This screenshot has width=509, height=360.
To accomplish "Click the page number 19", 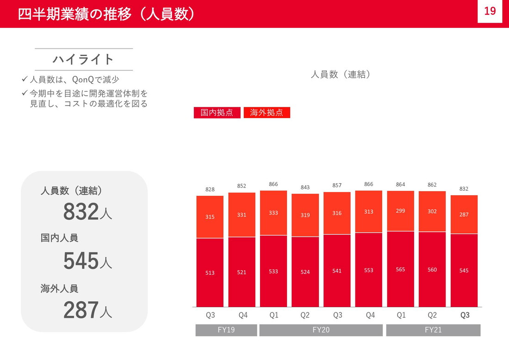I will [x=490, y=11].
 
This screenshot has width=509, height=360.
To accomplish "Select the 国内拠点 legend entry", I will [x=217, y=112].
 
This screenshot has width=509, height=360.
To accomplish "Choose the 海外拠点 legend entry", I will [x=267, y=112].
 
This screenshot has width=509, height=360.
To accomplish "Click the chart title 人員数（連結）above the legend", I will [x=341, y=74].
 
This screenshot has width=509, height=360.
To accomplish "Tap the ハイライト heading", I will [x=83, y=59].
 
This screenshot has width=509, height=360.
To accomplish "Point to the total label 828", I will [x=210, y=189].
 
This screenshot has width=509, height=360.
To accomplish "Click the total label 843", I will [x=305, y=187].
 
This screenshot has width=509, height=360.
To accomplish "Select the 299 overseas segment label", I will [x=400, y=211].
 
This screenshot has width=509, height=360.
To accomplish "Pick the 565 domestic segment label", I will [x=400, y=269].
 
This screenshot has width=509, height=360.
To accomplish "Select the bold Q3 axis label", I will [x=465, y=315].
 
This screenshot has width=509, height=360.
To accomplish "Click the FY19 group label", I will [x=226, y=330].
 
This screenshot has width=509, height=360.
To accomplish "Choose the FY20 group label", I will [x=321, y=330].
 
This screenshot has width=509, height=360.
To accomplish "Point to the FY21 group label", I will [x=433, y=330].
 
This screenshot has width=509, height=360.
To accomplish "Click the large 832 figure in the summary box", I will [x=81, y=212].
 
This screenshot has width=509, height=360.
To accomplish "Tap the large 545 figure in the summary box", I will [x=81, y=261].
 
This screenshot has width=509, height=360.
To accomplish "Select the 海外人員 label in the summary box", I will [x=59, y=289].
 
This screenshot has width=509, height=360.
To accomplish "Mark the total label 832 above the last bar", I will [x=464, y=189].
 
